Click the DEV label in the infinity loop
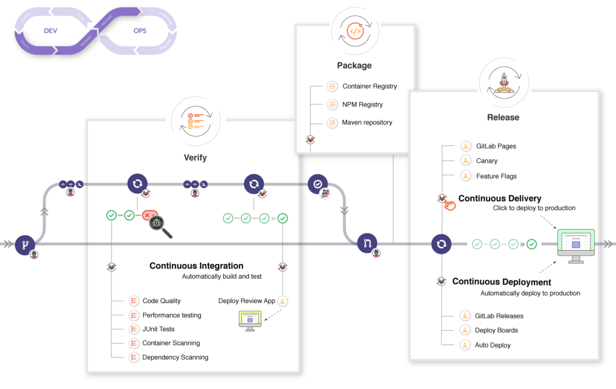(51, 31)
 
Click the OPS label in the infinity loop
(140, 31)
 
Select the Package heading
(354, 65)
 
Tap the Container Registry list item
(370, 87)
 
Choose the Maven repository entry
(367, 123)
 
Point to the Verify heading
(195, 158)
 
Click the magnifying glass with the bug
(158, 225)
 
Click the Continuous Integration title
(196, 266)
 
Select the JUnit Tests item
(158, 329)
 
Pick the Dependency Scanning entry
(175, 357)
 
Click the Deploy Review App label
(246, 301)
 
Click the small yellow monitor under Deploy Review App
(250, 320)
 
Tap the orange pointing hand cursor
(449, 205)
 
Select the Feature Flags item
(496, 176)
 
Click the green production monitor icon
(575, 245)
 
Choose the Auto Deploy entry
(492, 345)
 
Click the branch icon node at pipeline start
(25, 244)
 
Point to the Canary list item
(487, 161)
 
